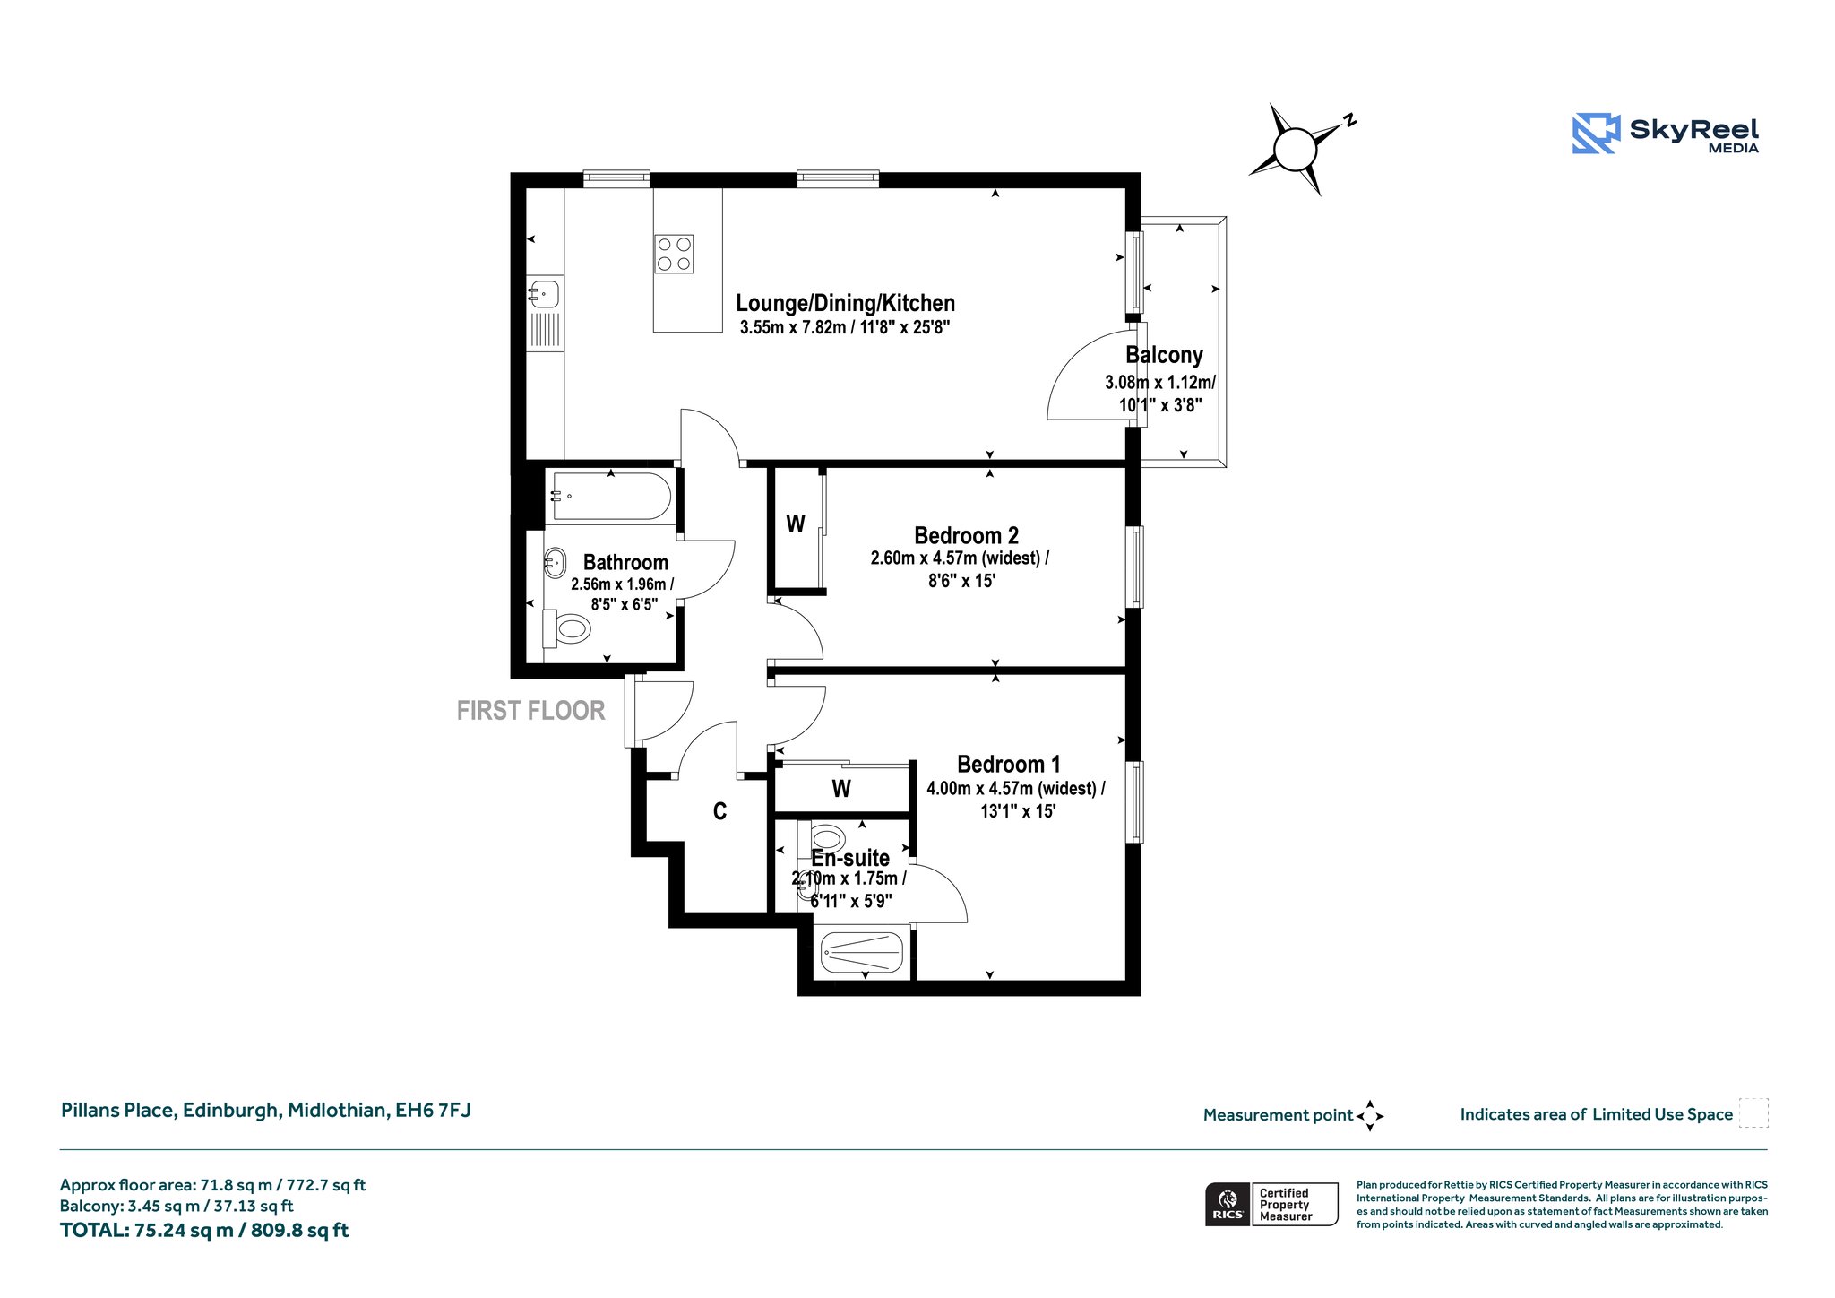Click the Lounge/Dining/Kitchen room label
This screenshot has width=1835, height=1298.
point(845,303)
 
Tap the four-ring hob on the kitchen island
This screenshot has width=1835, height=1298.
point(674,254)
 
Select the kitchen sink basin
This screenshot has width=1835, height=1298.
point(544,293)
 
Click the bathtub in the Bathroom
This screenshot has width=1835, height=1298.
point(611,496)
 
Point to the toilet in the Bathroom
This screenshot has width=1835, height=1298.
point(566,628)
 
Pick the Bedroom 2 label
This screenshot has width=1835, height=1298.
point(966,535)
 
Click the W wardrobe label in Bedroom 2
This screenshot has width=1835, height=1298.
point(796,524)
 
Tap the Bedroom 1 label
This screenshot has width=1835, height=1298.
point(1009,765)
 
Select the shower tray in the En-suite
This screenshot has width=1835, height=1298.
point(862,952)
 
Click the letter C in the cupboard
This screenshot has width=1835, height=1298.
point(719,811)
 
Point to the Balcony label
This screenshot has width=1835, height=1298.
point(1164,355)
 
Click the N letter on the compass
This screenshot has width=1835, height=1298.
point(1349,120)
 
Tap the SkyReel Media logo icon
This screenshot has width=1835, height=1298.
point(1597,134)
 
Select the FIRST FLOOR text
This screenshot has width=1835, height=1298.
point(530,711)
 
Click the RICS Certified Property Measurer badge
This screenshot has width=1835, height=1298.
point(1271,1204)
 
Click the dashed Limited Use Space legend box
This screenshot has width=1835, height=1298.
point(1753,1112)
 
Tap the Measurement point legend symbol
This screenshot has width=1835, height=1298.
point(1370,1116)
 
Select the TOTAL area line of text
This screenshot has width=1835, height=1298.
point(204,1230)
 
